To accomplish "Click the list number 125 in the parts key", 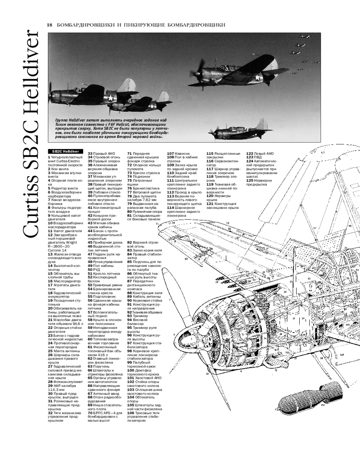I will [x=250, y=180].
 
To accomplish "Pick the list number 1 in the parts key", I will [x=49, y=157].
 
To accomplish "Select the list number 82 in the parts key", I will [x=130, y=243].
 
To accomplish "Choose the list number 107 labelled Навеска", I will [x=171, y=153].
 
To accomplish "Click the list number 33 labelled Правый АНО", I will [x=90, y=153].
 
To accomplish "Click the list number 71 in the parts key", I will [x=130, y=153].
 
